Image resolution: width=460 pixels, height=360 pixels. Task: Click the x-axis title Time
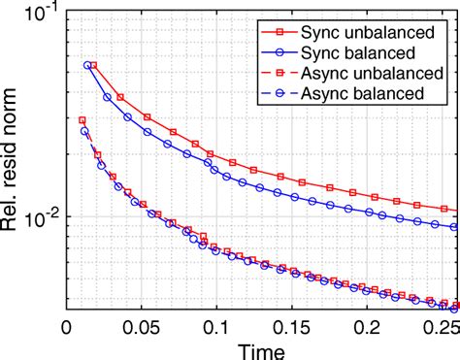tap(260, 347)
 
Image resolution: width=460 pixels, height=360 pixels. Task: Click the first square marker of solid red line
tap(93, 65)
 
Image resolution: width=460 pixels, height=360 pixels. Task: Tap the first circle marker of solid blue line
tap(87, 65)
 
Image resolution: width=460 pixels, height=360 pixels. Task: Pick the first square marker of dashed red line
tap(82, 120)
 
